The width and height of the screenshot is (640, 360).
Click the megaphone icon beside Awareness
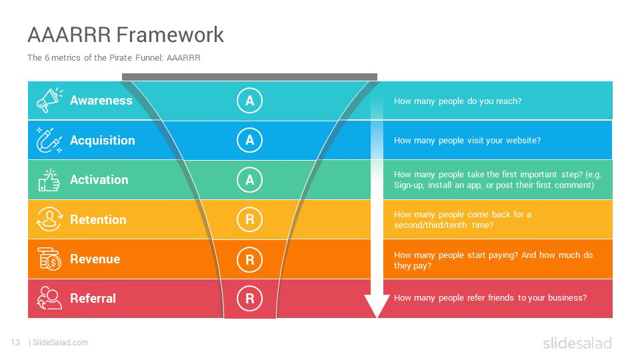(49, 101)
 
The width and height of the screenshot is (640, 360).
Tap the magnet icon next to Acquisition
(49, 140)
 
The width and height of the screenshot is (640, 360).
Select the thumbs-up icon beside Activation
(49, 180)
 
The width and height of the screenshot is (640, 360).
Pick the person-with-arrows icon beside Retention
(49, 219)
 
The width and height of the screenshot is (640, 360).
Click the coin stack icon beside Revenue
(49, 259)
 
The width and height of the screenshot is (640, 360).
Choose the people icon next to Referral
(49, 298)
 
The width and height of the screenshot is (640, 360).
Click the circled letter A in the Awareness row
(249, 101)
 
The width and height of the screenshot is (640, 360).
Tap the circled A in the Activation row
(249, 180)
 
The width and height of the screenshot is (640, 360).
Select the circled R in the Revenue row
(249, 259)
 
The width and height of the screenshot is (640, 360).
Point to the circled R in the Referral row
(249, 299)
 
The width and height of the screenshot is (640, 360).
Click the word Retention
(98, 219)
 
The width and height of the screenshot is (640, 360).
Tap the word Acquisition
(102, 140)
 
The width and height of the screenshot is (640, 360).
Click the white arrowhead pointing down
(377, 306)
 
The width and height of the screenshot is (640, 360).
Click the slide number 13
(15, 343)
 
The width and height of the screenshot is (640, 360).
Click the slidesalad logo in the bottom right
(577, 343)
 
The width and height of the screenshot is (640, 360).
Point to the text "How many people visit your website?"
(467, 141)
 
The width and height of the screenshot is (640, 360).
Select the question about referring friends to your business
(490, 298)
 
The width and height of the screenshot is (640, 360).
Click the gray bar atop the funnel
(249, 77)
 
